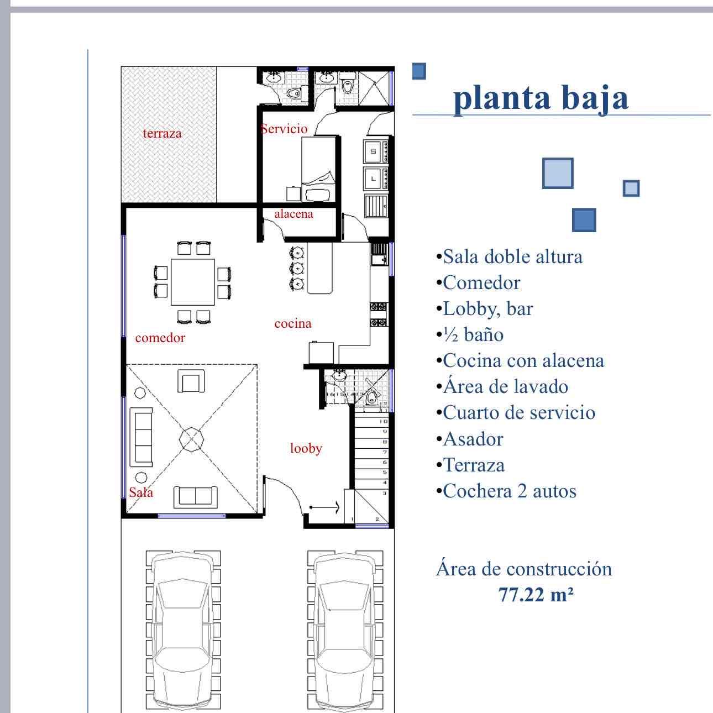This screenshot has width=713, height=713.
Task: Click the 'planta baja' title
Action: [541, 98]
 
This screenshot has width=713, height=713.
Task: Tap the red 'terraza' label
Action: [162, 133]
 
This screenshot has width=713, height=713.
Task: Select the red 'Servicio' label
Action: [284, 129]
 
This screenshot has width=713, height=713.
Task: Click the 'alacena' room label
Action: [294, 214]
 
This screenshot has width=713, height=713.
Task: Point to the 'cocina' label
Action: [293, 324]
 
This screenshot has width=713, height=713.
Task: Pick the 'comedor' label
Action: [160, 338]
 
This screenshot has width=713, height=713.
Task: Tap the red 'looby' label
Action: [306, 448]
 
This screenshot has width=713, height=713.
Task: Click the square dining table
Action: [193, 282]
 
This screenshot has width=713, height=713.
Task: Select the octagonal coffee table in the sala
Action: [191, 439]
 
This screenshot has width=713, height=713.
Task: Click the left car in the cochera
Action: [183, 630]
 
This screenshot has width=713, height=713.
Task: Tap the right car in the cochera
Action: [345, 630]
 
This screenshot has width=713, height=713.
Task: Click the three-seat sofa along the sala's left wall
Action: [141, 437]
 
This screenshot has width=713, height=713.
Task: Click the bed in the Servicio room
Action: [319, 170]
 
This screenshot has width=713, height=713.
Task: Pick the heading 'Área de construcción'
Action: [524, 569]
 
